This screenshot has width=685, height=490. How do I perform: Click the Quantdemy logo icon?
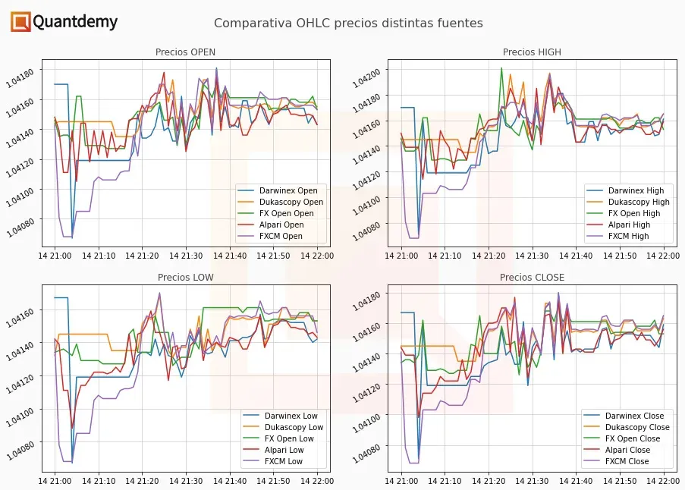(20, 22)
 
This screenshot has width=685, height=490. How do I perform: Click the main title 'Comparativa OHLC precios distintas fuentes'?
(348, 24)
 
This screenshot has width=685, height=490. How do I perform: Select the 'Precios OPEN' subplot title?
(185, 52)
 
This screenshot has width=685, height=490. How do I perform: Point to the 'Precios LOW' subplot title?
(185, 278)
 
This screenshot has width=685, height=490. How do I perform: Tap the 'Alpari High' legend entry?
(629, 225)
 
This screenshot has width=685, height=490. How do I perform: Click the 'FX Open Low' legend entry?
(289, 438)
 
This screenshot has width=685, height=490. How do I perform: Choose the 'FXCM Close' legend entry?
(627, 461)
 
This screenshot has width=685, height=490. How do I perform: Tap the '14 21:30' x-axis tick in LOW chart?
(186, 480)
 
